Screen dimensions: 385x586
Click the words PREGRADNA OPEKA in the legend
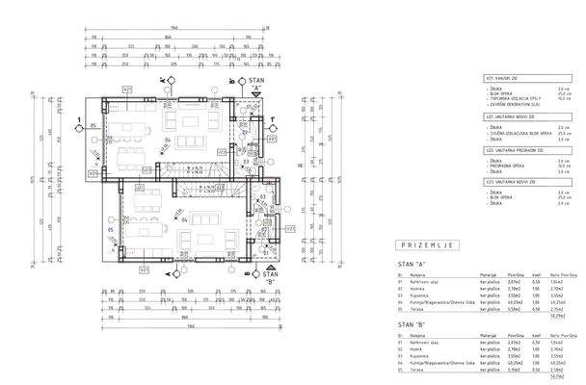coord(507,166)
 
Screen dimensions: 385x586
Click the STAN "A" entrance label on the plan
coord(257,88)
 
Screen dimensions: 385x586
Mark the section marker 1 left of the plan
coord(78,121)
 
